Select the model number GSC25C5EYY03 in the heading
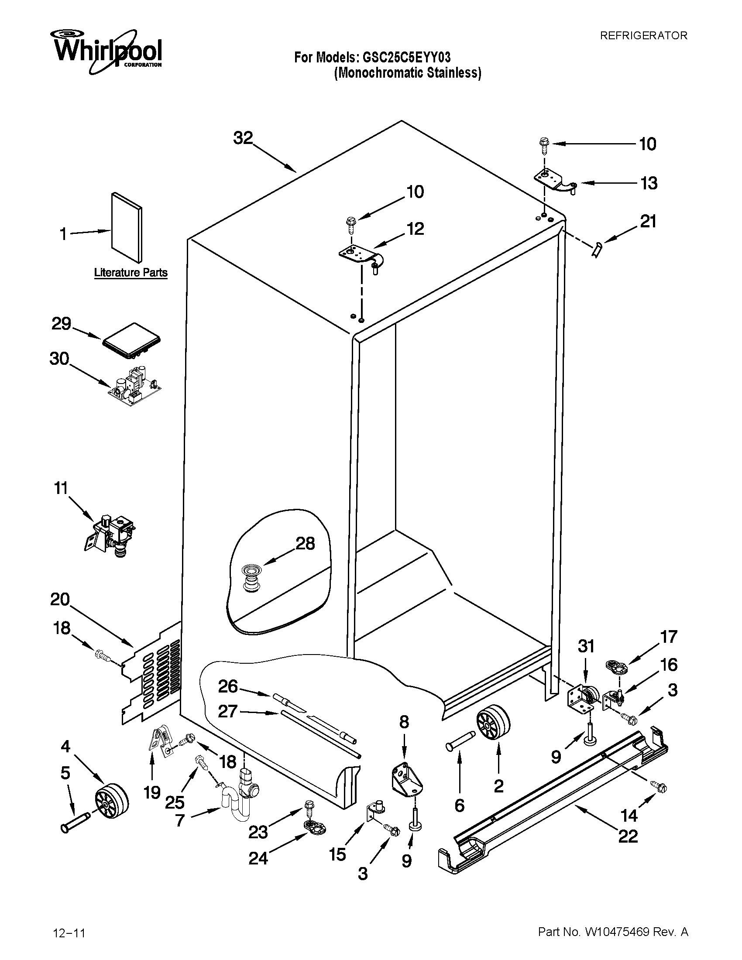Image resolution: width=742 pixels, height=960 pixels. (x=406, y=58)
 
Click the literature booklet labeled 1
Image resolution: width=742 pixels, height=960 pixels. (x=127, y=227)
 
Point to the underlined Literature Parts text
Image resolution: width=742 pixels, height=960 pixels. (x=131, y=273)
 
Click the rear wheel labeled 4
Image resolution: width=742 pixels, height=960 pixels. (x=112, y=800)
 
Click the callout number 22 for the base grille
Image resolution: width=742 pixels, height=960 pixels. (x=628, y=836)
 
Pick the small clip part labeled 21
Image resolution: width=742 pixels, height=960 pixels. (x=597, y=250)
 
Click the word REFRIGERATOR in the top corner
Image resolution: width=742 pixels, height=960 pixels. (x=643, y=36)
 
